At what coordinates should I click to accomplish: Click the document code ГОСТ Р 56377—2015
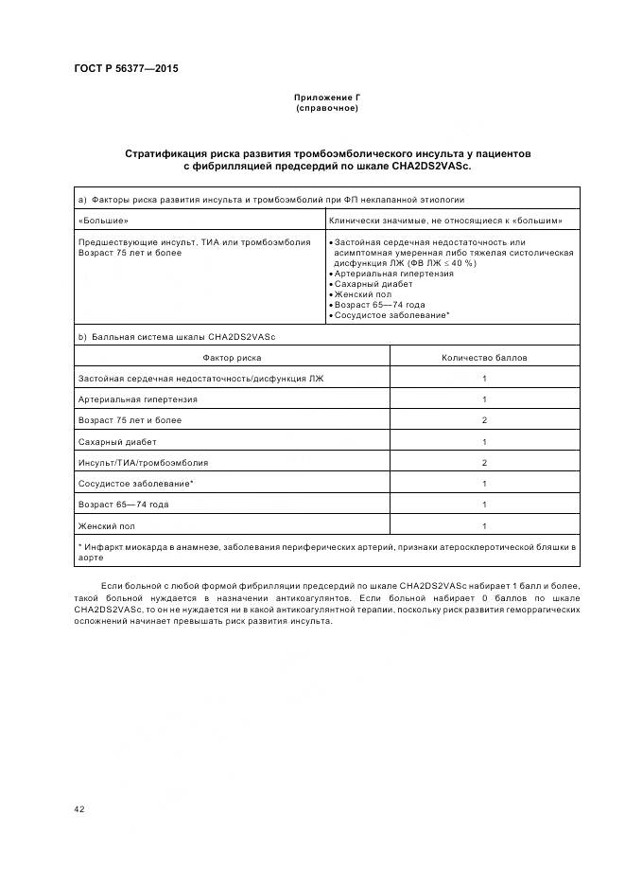(126, 69)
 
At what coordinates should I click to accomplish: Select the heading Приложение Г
(327, 98)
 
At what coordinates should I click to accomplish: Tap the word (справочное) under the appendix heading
(327, 109)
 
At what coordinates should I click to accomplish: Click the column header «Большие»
(103, 221)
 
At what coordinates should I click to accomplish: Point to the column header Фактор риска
(232, 358)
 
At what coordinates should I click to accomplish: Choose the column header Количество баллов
(484, 358)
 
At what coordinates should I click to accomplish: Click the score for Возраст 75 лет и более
(484, 420)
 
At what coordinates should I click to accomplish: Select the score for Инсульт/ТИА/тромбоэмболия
(484, 463)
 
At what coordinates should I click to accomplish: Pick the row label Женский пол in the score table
(107, 525)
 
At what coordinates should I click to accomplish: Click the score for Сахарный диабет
(484, 442)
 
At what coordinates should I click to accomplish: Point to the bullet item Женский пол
(362, 294)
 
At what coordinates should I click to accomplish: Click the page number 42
(79, 809)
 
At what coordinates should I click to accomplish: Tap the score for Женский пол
(484, 525)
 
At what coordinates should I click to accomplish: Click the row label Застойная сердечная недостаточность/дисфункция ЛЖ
(200, 379)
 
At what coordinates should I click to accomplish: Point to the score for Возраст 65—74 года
(484, 505)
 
